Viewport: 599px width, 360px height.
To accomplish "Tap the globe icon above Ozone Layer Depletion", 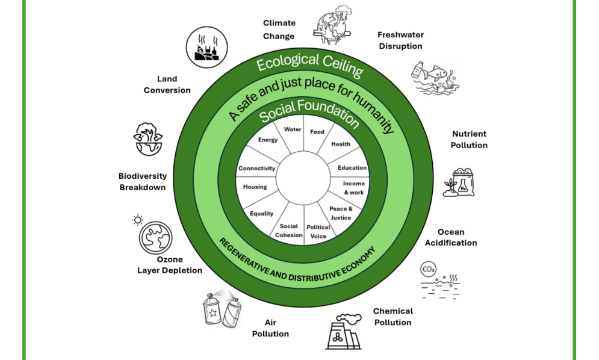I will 156,236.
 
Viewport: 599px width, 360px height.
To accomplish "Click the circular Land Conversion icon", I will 205,47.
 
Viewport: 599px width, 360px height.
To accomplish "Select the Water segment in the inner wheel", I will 293,129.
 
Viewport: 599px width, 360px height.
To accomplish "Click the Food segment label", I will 317,132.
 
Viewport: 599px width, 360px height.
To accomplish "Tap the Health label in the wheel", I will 341,144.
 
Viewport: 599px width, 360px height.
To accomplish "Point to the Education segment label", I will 352,168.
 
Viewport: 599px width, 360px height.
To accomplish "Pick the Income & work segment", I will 353,188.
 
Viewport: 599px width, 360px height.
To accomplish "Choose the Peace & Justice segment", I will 341,213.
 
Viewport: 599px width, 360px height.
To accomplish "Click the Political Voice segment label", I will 318,231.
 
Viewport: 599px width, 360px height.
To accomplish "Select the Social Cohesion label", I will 289,231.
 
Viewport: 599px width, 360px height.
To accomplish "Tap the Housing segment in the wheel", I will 255,187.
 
